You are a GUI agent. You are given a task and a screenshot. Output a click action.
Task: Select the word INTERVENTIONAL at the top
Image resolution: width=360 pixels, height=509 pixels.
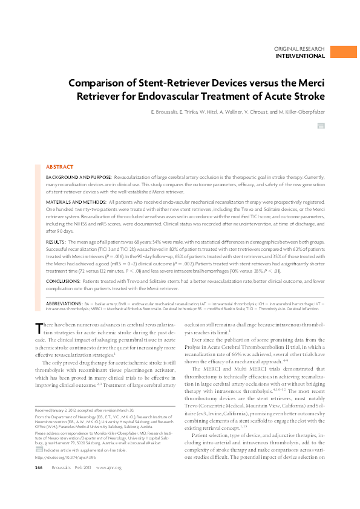(x=300, y=56)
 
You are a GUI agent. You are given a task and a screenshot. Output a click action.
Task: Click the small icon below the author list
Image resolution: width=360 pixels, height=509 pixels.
(x=321, y=126)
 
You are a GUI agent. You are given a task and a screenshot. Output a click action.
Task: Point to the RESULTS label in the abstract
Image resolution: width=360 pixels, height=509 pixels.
(x=56, y=241)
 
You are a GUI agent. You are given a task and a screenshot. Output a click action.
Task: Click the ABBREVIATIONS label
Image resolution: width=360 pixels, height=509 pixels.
(x=65, y=302)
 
